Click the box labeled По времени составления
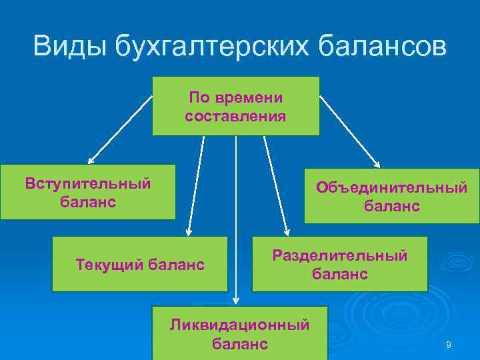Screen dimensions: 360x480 pos(235,106)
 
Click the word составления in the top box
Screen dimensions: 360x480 pos(235,116)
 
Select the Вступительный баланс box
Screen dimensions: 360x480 pos(87,192)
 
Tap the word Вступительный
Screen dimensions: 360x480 pos(87,183)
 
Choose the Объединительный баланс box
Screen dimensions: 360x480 pos(391,196)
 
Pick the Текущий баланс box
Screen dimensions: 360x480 pos(139,264)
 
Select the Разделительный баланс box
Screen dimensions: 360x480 pos(339,264)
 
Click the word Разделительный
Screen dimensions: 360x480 pos(339,255)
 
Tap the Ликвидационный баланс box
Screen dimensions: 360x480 pos(239,333)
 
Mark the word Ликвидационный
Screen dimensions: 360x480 pos(239,325)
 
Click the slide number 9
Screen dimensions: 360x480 pos(449,345)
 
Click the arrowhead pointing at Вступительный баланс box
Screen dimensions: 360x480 pos(92,160)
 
